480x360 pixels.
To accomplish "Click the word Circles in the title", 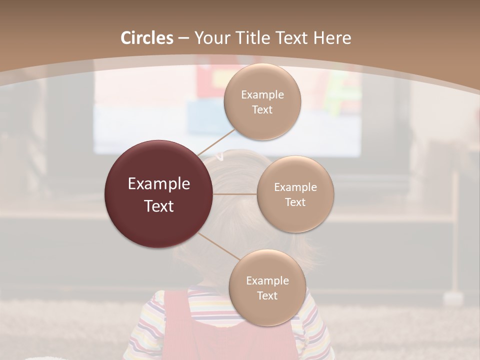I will click(147, 38).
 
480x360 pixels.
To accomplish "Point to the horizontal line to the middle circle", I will click(235, 194).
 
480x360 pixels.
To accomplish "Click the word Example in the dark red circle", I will click(159, 184).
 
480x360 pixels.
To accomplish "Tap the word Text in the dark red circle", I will click(159, 206).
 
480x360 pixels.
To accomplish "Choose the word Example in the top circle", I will click(262, 95).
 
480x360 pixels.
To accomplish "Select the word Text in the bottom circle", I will click(267, 295).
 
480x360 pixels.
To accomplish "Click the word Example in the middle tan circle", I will click(295, 187).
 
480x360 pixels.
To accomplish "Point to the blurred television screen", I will click(150, 115).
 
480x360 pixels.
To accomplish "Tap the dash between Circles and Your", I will click(183, 38).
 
